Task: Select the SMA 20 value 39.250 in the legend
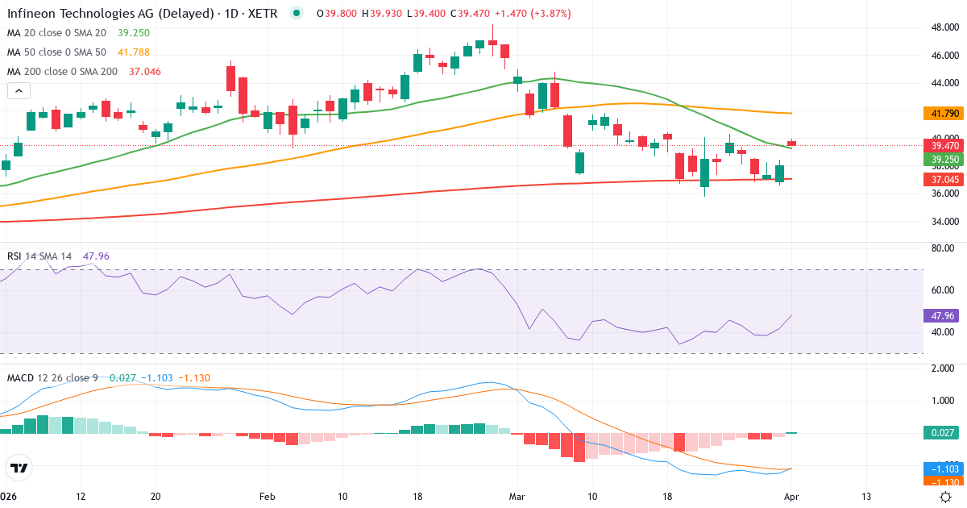pyautogui.click(x=134, y=32)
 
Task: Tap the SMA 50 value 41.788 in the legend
pyautogui.click(x=134, y=52)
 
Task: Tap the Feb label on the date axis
pyautogui.click(x=267, y=496)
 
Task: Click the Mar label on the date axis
pyautogui.click(x=516, y=496)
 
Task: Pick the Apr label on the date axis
pyautogui.click(x=791, y=496)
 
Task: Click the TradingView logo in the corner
pyautogui.click(x=19, y=467)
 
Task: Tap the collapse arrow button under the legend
pyautogui.click(x=19, y=91)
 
